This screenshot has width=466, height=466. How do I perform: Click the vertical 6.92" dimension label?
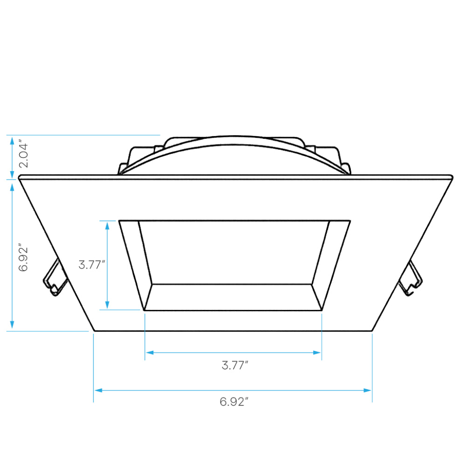(x=23, y=259)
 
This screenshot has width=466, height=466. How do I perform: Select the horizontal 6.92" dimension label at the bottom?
(x=234, y=402)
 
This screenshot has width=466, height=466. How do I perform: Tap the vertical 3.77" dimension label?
(x=92, y=264)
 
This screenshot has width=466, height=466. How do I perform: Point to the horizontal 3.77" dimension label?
(x=235, y=365)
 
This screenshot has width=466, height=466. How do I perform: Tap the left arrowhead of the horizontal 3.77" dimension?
(x=150, y=352)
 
